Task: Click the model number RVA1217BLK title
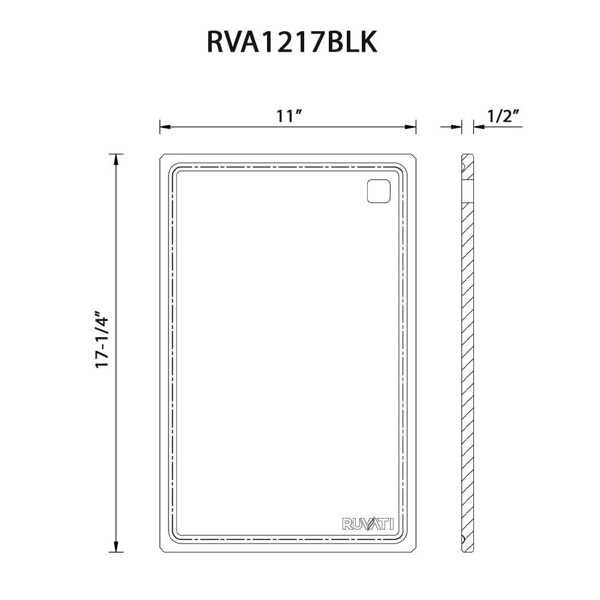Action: (x=292, y=43)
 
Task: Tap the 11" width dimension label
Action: (x=288, y=116)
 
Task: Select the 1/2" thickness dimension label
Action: (x=503, y=116)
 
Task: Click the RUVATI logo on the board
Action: (x=368, y=524)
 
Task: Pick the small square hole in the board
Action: (x=378, y=191)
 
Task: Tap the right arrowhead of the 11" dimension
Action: (x=412, y=127)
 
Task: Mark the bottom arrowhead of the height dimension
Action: (x=115, y=547)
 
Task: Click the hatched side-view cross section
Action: (x=467, y=360)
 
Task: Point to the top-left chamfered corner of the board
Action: (x=162, y=157)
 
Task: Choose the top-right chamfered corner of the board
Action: (x=414, y=157)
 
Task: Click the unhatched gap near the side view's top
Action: (x=467, y=190)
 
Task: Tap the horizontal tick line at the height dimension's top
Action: (x=115, y=154)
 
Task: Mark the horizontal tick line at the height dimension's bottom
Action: (x=115, y=552)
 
